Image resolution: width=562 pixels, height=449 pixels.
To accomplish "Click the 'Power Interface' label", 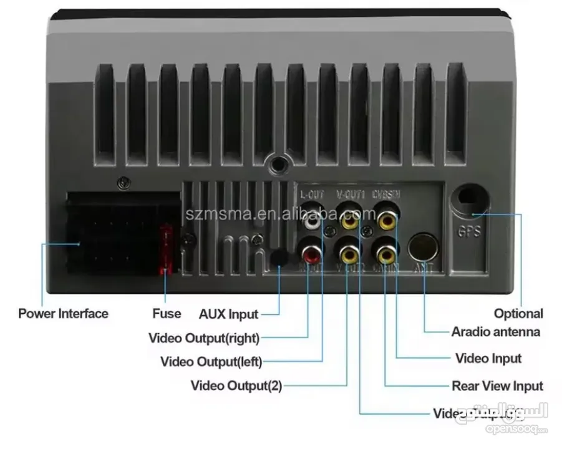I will [63, 313].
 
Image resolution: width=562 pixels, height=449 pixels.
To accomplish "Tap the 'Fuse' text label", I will [167, 313].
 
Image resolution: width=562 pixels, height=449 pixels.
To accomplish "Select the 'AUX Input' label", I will [228, 314].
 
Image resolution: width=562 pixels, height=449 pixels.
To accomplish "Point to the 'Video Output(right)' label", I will [203, 338].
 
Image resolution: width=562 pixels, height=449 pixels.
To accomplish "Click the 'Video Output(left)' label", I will [211, 362].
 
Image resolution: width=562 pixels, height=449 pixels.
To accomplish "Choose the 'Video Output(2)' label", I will [236, 386].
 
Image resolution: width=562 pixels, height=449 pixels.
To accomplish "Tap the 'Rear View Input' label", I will [497, 386].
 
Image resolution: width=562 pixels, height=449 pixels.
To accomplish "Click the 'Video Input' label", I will [488, 358].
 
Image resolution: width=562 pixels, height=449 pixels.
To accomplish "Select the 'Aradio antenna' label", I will [496, 332].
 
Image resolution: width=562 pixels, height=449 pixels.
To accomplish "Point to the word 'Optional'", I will [518, 313].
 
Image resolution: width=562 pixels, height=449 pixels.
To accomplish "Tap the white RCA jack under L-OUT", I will [312, 220].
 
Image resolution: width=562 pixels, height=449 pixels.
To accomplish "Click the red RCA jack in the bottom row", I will [312, 253].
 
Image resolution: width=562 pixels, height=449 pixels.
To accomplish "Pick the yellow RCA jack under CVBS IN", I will [385, 220].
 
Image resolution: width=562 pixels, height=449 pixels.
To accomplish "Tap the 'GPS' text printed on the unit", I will [469, 232].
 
